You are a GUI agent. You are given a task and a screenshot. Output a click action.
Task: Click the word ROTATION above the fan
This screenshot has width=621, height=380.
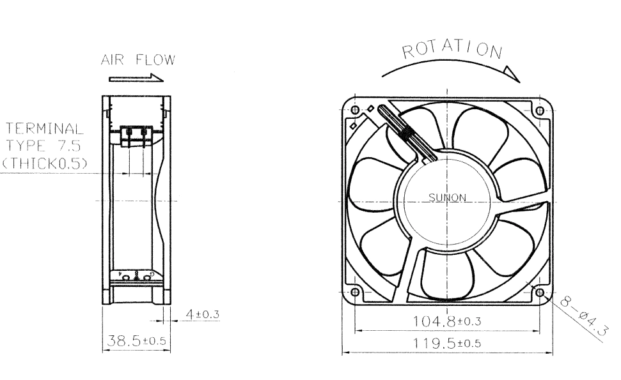452,50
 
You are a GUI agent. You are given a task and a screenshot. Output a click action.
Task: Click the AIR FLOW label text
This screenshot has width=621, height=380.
138,59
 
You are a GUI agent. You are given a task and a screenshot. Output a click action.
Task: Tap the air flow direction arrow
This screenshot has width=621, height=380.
136,78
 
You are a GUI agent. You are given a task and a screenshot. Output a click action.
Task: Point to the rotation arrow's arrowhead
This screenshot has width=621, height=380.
512,74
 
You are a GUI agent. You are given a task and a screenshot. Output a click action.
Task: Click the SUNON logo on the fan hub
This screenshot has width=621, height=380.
447,197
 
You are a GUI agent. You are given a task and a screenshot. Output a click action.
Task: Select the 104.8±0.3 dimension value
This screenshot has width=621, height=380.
447,321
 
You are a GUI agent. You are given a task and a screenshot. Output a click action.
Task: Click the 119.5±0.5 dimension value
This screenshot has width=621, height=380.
447,343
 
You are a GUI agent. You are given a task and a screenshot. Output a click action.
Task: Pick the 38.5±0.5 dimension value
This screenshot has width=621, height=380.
136,340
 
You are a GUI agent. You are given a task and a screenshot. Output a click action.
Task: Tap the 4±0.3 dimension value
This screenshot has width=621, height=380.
202,314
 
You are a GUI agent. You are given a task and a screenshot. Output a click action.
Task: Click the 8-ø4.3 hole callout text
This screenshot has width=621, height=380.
583,315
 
